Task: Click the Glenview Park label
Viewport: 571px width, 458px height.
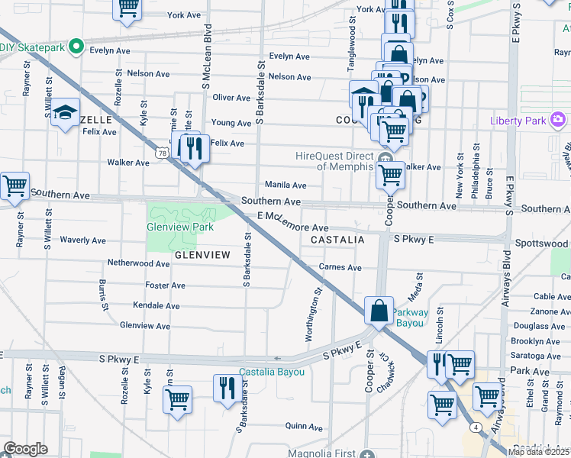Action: coord(180,227)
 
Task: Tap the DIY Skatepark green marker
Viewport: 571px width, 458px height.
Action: coord(76,47)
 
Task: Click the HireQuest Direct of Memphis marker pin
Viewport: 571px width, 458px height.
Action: coord(385,160)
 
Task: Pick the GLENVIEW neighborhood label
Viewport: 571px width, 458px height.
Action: coord(202,254)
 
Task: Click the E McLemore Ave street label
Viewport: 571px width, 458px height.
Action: coord(292,222)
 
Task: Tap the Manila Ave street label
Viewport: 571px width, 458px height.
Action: coord(285,185)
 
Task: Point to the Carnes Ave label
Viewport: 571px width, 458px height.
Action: coord(340,268)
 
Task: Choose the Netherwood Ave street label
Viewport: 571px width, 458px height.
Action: coord(138,263)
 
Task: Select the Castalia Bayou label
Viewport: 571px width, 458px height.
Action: coord(272,372)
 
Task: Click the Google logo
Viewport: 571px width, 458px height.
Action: coord(25,449)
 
